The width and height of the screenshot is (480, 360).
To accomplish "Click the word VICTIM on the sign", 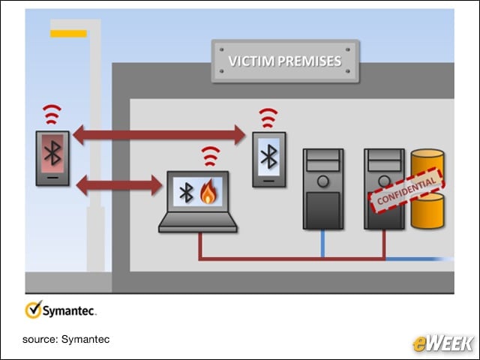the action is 251,61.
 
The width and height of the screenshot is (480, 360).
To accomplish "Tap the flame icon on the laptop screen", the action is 208,192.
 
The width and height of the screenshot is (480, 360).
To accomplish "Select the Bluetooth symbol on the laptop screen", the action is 186,192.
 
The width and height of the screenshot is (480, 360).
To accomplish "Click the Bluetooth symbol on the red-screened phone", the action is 52,153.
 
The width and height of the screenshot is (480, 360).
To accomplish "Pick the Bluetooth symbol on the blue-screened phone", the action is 268,157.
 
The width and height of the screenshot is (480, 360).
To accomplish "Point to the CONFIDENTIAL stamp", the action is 406,190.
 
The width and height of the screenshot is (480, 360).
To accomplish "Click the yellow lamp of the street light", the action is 68,34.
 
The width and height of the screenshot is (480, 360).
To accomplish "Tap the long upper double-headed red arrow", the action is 159,135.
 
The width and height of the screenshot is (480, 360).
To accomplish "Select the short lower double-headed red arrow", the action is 118,185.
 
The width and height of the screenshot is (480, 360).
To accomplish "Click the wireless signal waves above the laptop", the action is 210,156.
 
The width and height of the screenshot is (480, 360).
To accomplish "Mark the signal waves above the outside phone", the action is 52,114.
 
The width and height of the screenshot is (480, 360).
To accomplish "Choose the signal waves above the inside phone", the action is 268,118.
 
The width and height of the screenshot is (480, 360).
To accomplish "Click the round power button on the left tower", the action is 323,181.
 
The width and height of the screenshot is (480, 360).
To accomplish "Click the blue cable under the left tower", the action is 323,243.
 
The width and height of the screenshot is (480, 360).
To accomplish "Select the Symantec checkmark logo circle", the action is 33,310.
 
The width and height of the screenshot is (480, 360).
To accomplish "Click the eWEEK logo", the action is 442,343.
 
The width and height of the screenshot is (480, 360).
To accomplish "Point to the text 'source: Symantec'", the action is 66,339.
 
